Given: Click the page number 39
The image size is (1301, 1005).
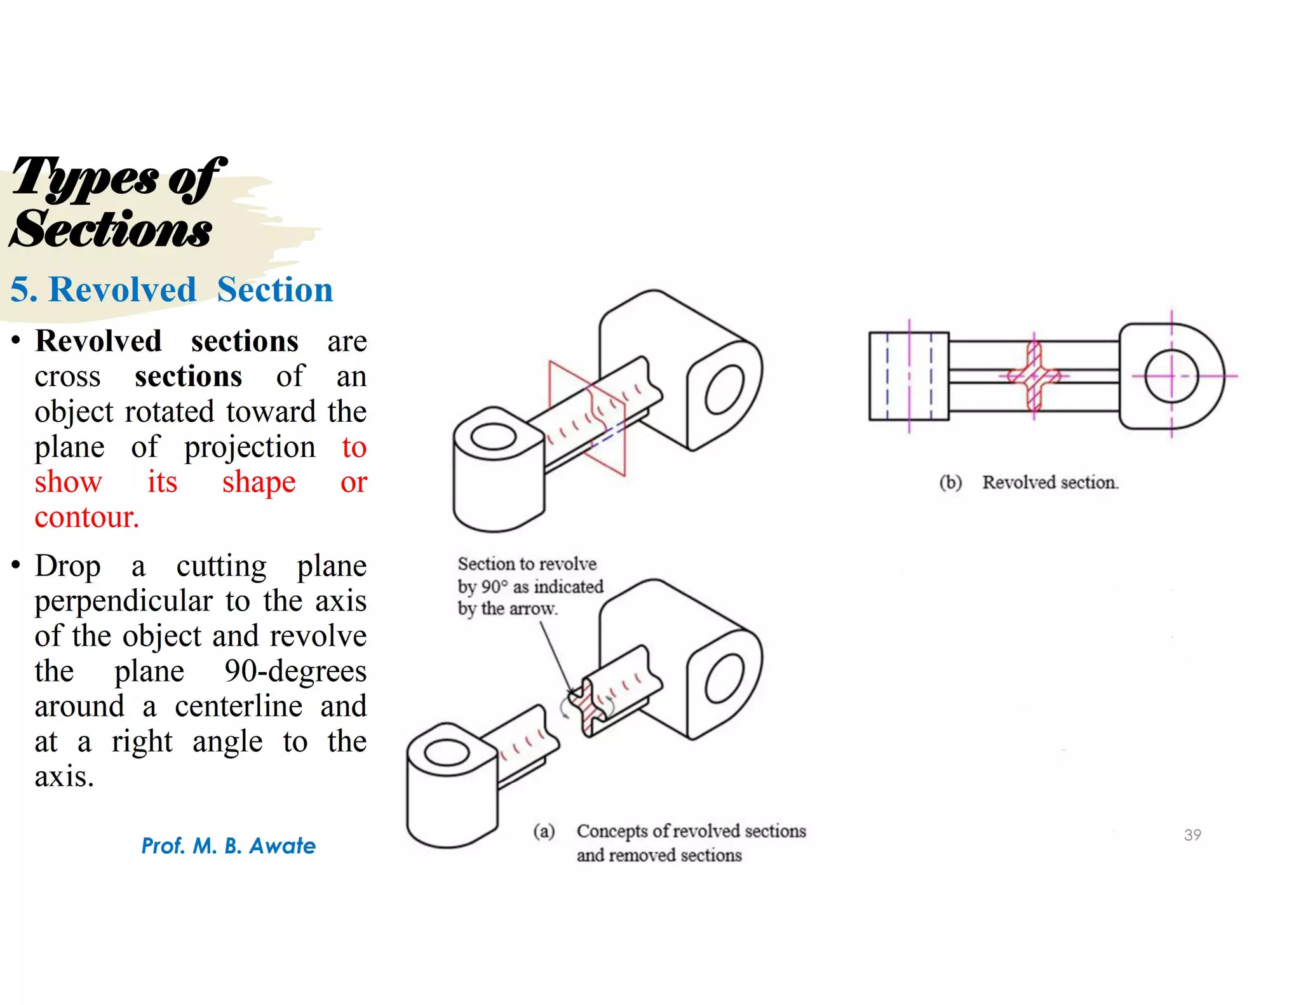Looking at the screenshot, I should (1192, 835).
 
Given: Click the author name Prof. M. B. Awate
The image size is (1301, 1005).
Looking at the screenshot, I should (228, 846).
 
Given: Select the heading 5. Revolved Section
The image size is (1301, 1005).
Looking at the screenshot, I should (172, 290).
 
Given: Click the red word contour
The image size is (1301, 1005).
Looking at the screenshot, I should (86, 517).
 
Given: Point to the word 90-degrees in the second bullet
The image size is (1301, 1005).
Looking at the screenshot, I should (295, 671).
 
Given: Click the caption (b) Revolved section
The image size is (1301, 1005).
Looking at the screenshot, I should (1028, 482).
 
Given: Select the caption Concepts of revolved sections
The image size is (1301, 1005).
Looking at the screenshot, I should (691, 831).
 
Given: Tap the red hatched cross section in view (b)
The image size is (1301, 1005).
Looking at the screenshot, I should (1034, 376).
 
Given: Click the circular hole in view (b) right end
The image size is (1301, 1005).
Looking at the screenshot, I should (1171, 376).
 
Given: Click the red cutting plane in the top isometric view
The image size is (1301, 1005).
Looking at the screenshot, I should (575, 394).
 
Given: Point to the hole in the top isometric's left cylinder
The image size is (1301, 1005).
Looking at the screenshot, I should (493, 437).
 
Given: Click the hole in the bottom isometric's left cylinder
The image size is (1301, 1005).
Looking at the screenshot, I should (446, 754).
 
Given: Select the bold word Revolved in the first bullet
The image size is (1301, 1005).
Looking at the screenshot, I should (98, 341).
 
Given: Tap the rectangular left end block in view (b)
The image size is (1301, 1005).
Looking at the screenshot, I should (908, 376).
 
